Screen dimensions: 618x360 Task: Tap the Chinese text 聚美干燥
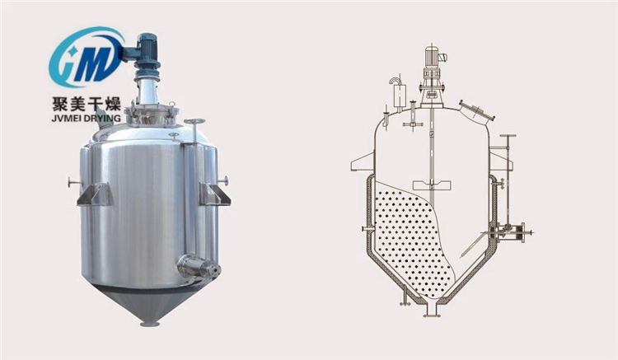pos(87,104)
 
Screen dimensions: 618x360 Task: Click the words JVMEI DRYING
pos(87,118)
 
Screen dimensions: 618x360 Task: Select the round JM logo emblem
pos(87,57)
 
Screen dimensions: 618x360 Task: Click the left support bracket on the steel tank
pos(95,194)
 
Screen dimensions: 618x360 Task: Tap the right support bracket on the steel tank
pos(214,194)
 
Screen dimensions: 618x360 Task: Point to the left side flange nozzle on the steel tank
pos(74,183)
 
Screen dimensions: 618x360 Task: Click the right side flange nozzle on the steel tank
pos(223,180)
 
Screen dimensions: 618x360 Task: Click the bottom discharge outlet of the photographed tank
pos(150,324)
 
